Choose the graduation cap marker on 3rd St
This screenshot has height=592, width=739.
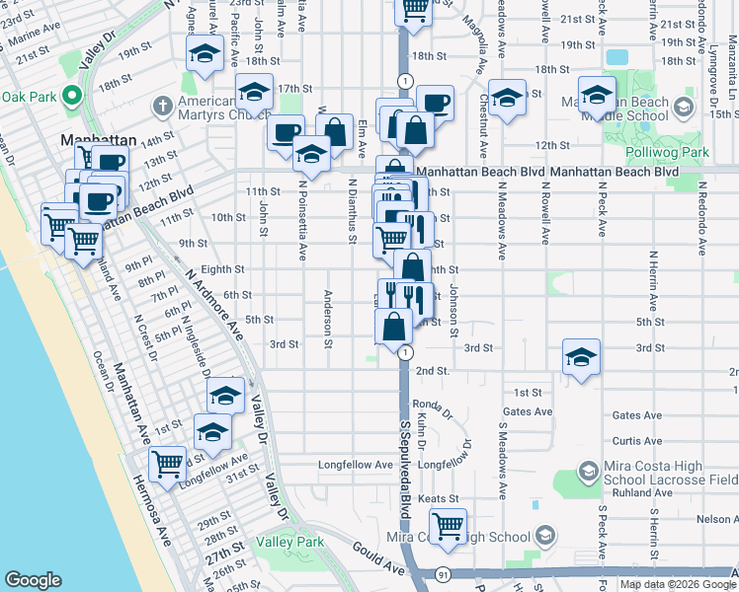(x=581, y=356)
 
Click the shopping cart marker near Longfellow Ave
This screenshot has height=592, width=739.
(x=168, y=462)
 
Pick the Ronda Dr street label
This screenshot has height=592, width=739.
(x=425, y=404)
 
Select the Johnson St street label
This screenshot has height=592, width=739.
(x=455, y=310)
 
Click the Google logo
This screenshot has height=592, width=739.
(x=33, y=580)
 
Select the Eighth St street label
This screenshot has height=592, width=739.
(x=221, y=268)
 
